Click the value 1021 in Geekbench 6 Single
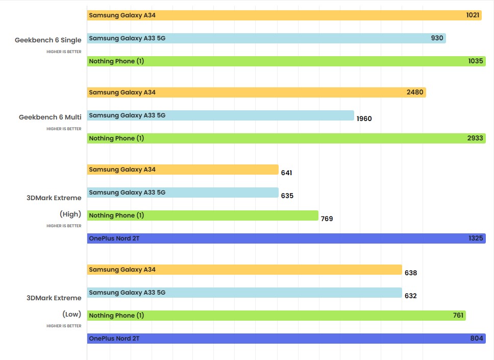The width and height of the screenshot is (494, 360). tap(473, 15)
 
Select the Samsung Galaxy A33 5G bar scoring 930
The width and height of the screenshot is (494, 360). tap(265, 38)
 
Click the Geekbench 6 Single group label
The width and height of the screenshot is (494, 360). tap(48, 40)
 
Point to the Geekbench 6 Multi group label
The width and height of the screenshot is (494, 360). tap(50, 117)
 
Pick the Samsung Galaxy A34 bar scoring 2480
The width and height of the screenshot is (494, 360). tap(255, 92)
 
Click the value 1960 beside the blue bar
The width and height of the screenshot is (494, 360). tap(364, 118)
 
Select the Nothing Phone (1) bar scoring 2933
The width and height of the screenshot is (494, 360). tap(286, 138)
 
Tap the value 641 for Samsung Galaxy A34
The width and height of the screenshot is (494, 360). tap(286, 173)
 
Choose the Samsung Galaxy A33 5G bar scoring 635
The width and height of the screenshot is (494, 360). tap(183, 193)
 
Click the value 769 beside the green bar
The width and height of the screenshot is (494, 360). tap(327, 219)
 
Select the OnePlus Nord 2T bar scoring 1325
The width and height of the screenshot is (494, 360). tap(286, 238)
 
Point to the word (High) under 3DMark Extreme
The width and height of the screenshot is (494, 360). tap(70, 214)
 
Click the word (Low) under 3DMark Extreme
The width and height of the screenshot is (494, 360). tap(71, 314)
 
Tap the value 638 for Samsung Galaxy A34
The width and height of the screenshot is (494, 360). tap(410, 273)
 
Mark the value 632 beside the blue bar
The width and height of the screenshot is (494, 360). tap(410, 296)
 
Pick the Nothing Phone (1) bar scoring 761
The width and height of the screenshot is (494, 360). tap(276, 316)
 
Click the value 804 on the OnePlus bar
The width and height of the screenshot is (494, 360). tap(476, 339)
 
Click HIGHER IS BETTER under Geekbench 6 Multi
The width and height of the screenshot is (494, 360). tap(64, 129)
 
